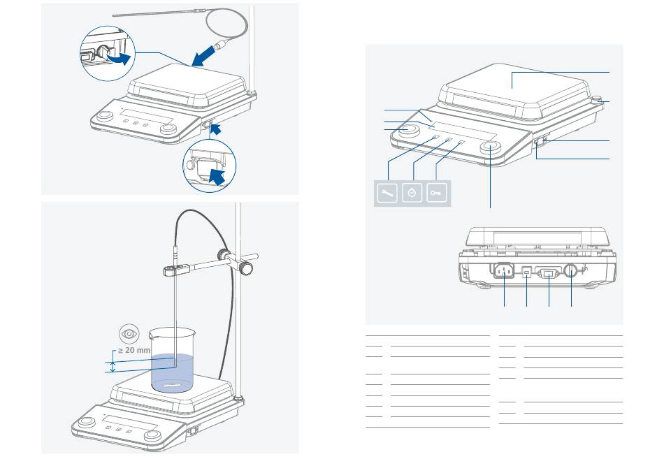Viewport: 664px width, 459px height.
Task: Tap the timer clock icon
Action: coord(412,194)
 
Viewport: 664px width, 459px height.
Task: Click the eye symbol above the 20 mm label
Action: coord(129,334)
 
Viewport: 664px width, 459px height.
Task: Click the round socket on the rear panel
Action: coord(571,272)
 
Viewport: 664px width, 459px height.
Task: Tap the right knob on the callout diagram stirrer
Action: coord(489,147)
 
